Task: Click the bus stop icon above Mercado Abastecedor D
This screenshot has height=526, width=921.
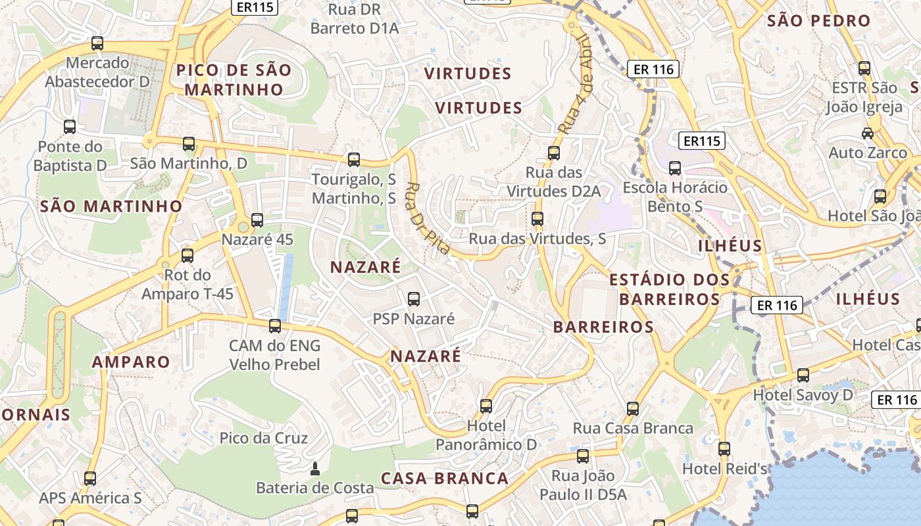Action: point(97,43)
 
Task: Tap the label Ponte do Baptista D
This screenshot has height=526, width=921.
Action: point(70,156)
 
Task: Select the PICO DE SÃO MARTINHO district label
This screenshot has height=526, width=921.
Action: point(233,80)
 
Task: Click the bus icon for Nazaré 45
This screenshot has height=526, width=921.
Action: point(257,220)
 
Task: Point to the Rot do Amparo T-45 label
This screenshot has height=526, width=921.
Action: point(187,284)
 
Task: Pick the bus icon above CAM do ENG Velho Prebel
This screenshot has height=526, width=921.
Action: point(275,325)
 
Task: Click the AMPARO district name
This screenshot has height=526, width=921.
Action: point(131,362)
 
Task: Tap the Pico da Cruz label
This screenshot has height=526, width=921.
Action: point(264,438)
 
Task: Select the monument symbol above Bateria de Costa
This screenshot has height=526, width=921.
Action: point(314,469)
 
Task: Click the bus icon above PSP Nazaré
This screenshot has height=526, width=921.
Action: point(414,299)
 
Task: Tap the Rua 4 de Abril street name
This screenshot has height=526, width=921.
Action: point(576,85)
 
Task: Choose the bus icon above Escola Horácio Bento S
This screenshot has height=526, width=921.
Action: point(675,168)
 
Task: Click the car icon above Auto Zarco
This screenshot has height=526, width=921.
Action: point(868,133)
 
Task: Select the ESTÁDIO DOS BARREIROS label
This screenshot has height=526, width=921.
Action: point(670,289)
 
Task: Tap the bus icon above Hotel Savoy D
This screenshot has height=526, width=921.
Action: point(803,375)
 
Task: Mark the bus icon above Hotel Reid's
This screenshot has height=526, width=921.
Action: point(724,449)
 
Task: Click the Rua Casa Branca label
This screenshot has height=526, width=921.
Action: point(633,429)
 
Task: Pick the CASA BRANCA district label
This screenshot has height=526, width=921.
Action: point(445,478)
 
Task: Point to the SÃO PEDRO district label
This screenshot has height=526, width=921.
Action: point(818,21)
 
